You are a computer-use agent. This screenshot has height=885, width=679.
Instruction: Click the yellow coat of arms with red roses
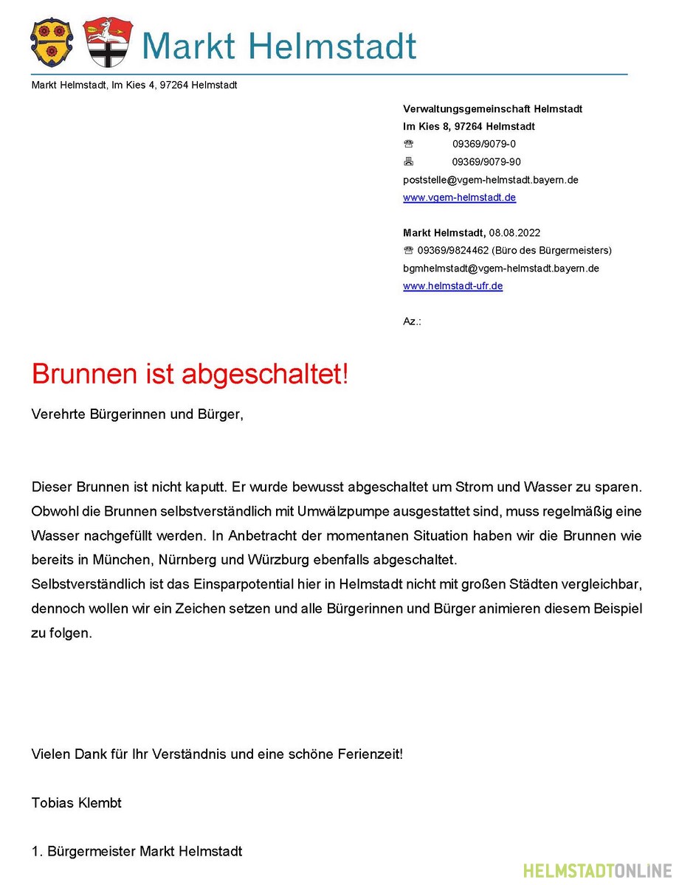(51, 42)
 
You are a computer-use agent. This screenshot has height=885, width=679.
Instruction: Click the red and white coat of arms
(107, 42)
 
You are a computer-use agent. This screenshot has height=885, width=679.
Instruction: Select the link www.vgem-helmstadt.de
(459, 198)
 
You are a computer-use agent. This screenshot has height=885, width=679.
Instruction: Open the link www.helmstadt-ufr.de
(452, 286)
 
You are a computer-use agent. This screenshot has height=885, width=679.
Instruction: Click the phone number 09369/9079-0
(484, 145)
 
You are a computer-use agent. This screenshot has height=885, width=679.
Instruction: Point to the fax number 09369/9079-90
(486, 162)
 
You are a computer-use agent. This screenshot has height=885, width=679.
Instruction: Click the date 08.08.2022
(514, 233)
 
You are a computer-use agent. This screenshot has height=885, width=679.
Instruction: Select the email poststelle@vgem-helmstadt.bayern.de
(490, 180)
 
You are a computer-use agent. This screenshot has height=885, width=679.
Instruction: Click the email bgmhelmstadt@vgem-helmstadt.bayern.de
(500, 268)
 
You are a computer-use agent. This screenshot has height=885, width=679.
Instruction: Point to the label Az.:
(412, 322)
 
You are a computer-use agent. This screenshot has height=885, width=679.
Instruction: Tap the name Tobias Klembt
(77, 803)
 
